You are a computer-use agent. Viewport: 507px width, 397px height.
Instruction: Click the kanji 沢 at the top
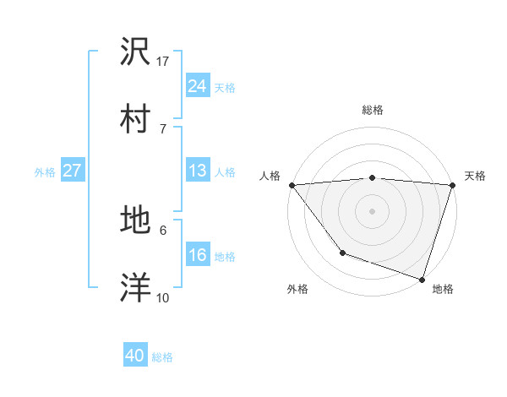click(x=136, y=52)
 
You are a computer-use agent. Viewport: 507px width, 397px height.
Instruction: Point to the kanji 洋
click(x=136, y=287)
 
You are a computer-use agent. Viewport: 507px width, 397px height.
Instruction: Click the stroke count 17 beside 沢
click(x=163, y=62)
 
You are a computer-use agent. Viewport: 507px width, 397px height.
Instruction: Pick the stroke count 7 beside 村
click(x=162, y=128)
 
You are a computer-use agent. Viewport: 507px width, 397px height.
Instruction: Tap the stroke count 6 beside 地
click(x=162, y=230)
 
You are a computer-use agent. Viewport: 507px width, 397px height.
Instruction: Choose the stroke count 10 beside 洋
click(x=163, y=297)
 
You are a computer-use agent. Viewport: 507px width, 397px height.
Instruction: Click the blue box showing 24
click(x=197, y=86)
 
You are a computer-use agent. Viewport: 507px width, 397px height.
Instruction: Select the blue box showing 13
click(x=197, y=171)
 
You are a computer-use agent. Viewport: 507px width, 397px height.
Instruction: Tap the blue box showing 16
click(x=197, y=255)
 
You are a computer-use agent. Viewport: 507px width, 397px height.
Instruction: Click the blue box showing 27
click(x=72, y=171)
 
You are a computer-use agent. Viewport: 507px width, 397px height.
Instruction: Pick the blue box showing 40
click(x=135, y=356)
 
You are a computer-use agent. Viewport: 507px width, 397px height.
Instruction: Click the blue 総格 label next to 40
click(x=162, y=358)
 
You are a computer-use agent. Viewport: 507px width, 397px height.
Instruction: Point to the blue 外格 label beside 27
click(x=45, y=172)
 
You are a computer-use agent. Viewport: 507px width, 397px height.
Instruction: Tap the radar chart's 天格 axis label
click(x=475, y=176)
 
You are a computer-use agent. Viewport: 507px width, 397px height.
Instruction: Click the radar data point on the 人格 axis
click(x=292, y=185)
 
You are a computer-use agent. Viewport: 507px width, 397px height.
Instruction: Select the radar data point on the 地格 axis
click(x=421, y=278)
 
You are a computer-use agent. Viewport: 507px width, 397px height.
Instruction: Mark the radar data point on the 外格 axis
click(x=342, y=252)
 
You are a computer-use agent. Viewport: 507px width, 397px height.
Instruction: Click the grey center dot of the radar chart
click(x=372, y=210)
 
